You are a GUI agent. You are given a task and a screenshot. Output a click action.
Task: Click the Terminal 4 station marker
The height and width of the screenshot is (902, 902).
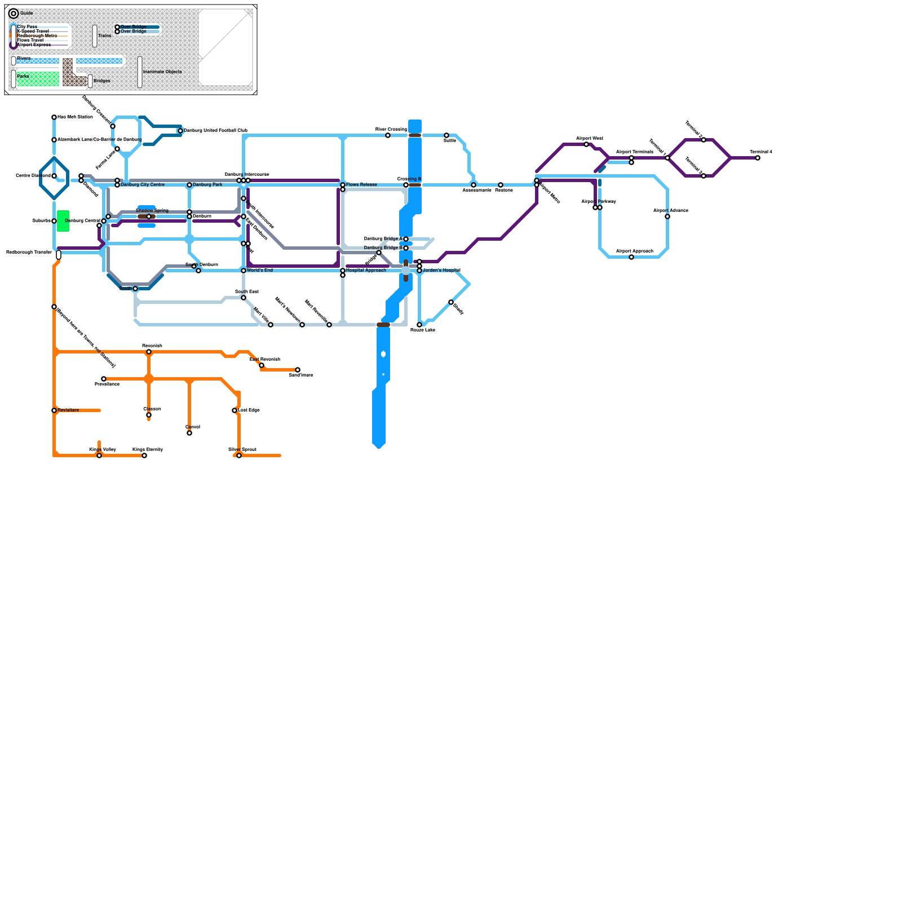[758, 158]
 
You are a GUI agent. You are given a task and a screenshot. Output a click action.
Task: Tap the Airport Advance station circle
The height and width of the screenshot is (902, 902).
[667, 216]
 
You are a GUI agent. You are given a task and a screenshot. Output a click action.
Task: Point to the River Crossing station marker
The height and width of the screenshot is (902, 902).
[388, 135]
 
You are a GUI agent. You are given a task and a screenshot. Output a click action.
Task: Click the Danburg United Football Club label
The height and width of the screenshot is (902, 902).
[215, 130]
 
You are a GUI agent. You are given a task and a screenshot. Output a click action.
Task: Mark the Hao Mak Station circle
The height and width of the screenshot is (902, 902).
[54, 117]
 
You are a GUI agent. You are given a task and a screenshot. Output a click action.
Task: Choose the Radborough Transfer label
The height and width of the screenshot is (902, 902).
[29, 252]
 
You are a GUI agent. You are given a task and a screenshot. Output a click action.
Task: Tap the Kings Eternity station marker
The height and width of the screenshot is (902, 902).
[144, 456]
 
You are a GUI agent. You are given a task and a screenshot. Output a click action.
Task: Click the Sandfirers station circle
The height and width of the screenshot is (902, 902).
[298, 370]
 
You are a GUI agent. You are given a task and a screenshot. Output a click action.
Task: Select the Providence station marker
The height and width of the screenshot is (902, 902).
[104, 379]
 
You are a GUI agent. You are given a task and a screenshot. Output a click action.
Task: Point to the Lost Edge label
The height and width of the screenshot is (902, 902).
[249, 410]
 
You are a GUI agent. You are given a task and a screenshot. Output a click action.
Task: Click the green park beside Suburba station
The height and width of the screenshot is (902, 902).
[63, 221]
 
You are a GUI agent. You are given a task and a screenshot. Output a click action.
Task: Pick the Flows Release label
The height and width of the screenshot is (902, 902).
[361, 184]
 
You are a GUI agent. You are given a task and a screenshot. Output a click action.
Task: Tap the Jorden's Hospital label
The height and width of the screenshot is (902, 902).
[441, 270]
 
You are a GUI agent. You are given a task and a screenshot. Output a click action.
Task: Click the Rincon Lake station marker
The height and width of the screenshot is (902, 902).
[419, 325]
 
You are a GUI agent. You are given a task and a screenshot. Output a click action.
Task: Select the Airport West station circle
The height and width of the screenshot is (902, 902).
[586, 144]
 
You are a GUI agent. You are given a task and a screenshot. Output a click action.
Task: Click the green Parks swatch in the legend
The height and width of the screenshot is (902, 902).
[38, 79]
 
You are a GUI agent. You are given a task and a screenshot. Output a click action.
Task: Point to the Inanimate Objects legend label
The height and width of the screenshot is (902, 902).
[162, 72]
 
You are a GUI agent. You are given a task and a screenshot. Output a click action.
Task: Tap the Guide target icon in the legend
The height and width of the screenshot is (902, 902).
[14, 14]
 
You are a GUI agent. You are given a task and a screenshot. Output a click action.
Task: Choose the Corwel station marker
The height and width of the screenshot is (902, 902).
[189, 433]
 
